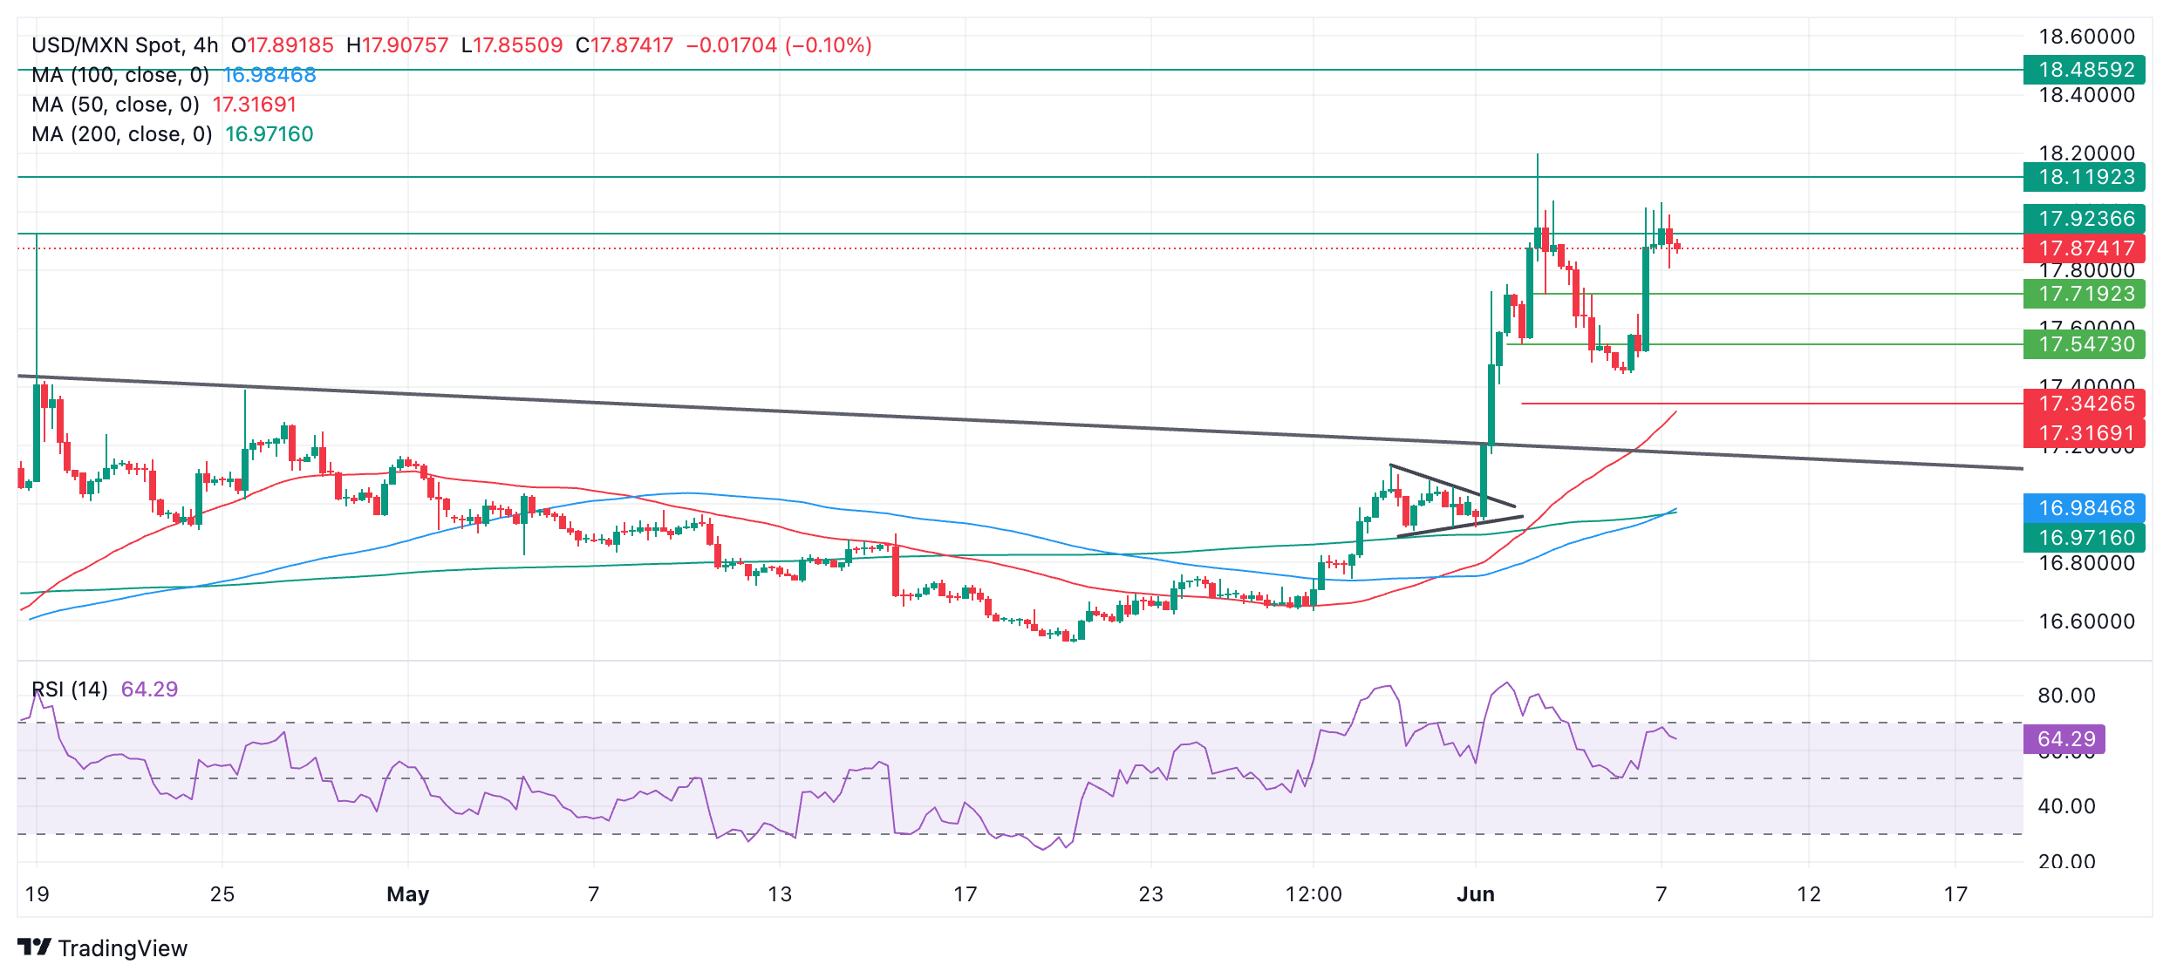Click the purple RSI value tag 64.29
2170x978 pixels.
click(2065, 739)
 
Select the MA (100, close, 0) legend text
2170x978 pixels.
click(120, 75)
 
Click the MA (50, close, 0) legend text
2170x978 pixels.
click(115, 105)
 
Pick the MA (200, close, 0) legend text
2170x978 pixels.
click(121, 134)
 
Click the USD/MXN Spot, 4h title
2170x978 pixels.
click(125, 45)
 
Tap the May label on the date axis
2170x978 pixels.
click(407, 894)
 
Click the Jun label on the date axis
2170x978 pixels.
click(1476, 894)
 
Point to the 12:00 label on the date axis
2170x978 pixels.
click(1314, 894)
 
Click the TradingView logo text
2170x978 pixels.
click(122, 948)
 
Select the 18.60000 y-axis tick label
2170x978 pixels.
click(2086, 37)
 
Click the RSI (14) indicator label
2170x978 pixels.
click(70, 689)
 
